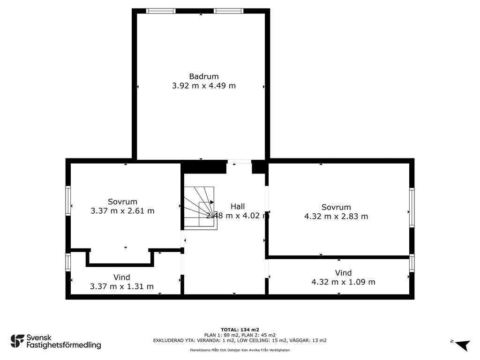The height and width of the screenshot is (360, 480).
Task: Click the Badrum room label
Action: pos(203,76)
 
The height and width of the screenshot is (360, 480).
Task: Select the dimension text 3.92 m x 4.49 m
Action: pos(203,86)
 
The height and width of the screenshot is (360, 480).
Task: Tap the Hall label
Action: pos(238,206)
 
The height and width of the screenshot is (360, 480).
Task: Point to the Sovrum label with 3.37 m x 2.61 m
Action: pos(122,202)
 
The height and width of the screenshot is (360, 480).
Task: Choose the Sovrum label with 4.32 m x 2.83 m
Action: pos(336,207)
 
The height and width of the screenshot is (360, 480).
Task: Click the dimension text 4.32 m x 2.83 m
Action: pos(336,216)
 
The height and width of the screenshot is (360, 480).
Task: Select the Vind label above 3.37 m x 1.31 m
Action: pos(121,277)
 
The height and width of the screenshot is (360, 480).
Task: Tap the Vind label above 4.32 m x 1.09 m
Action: pos(343,273)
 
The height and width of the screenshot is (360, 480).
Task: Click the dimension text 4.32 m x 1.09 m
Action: pos(343,282)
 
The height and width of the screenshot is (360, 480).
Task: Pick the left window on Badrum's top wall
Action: pos(160,11)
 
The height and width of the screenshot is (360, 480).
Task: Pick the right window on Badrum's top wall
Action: pos(228,11)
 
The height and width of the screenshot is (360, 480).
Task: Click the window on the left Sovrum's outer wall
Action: pos(68,201)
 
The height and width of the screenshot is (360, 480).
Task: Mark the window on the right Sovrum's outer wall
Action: pos(412,207)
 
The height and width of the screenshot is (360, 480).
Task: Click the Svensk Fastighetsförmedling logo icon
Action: pos(17,341)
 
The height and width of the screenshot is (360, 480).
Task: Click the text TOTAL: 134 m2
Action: pos(240,330)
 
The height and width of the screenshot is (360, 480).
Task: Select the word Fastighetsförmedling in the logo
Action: pos(64,345)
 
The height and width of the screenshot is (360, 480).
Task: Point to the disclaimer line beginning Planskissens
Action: pos(240,350)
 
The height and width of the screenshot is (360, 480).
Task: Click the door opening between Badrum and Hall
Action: pos(239,162)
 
